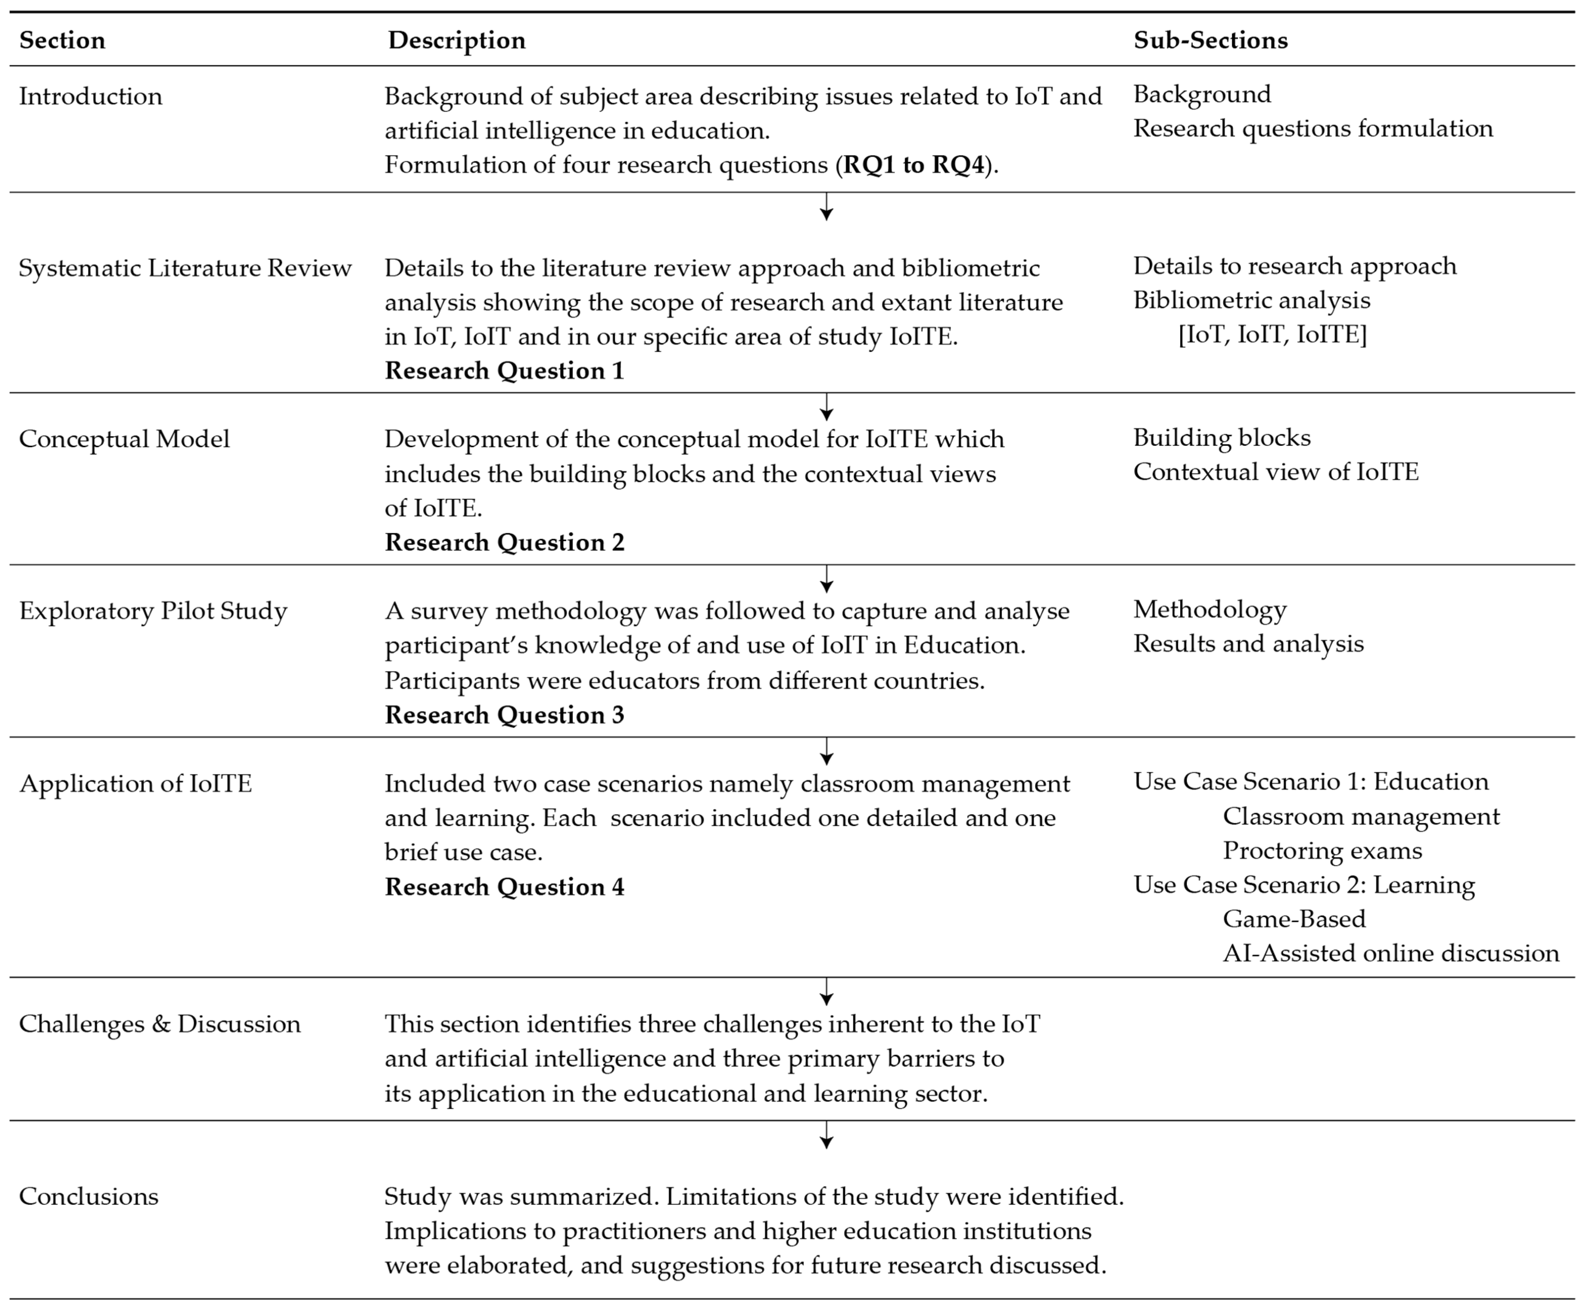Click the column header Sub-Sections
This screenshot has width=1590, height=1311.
[x=1210, y=40]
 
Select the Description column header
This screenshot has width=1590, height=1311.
[x=457, y=40]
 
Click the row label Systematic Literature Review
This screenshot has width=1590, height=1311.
[x=185, y=268]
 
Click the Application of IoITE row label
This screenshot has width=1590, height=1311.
[x=135, y=783]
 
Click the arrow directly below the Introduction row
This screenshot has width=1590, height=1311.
[x=827, y=208]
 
